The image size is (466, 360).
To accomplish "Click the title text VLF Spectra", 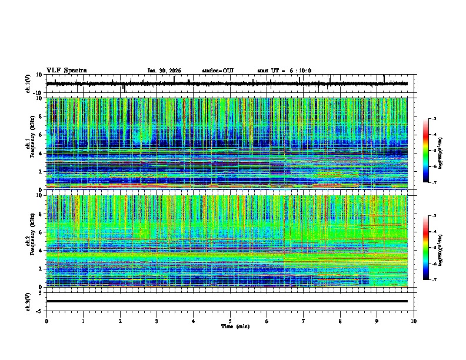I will point(66,70).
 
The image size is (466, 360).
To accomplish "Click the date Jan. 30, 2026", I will point(164,71).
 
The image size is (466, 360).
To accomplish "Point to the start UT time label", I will point(284,71).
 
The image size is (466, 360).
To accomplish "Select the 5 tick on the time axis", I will point(230,321).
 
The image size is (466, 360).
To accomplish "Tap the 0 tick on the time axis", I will point(46,321).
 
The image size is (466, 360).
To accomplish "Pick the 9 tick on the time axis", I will point(377,321).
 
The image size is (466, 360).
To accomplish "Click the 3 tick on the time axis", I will point(157,321).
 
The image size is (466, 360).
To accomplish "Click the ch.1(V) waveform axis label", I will point(28,84).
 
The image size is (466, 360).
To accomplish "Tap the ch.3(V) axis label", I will point(28,301).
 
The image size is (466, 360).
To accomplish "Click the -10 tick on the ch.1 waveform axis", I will point(37,93).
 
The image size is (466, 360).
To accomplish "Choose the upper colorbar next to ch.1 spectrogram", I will point(426,151).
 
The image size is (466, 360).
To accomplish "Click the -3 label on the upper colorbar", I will point(435,119).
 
